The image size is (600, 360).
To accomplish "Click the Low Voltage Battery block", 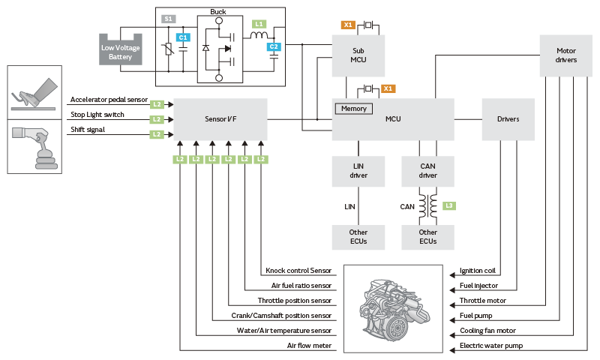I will tap(121, 52).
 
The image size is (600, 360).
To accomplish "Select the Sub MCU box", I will tap(358, 55).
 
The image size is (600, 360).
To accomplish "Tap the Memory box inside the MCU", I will tap(353, 109).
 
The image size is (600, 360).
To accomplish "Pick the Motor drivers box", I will tap(565, 55).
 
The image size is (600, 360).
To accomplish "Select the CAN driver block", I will tap(427, 171).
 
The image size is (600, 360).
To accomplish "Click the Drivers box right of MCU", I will tap(508, 118).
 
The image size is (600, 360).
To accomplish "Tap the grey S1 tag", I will tap(169, 18).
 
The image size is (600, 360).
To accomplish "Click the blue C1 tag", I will tap(183, 36).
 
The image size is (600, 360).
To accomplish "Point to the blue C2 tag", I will tap(274, 46).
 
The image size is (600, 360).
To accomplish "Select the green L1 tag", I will tap(259, 24).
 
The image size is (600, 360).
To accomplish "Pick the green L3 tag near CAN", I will tap(448, 205).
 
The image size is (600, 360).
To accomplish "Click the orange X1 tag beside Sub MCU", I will tap(347, 25).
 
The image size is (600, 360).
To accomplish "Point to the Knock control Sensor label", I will tap(298, 271).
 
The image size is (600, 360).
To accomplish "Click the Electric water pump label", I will tap(490, 346).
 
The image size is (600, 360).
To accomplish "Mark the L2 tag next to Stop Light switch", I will tap(157, 119).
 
